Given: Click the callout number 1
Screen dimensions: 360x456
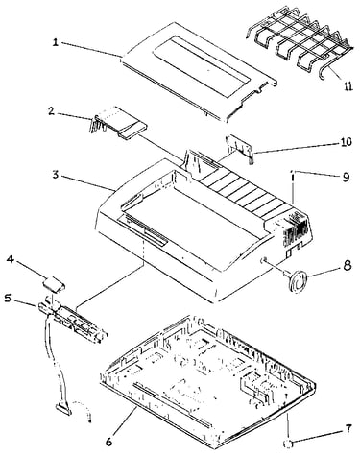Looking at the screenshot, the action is [56, 42].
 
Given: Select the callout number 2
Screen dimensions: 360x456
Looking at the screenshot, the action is [51, 111].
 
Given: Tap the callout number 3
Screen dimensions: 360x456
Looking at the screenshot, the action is [56, 175].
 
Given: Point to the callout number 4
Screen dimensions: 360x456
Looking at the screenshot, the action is [11, 259].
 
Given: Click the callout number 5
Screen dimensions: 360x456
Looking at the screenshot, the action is [9, 299].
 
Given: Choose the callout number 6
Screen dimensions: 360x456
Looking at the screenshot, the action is [109, 442].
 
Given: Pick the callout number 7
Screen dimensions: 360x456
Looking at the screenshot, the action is [348, 428].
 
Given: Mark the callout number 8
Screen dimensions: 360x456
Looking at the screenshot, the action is [348, 266].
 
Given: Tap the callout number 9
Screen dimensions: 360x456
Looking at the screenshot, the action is [346, 178].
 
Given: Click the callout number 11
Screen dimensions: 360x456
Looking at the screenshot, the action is [348, 86].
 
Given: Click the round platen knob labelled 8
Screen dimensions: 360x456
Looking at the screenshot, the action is [297, 280].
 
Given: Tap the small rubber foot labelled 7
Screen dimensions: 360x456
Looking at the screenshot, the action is [288, 444].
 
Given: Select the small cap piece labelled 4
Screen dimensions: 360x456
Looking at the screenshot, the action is [55, 284].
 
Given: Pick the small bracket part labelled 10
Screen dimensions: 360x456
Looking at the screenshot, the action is [240, 148].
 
